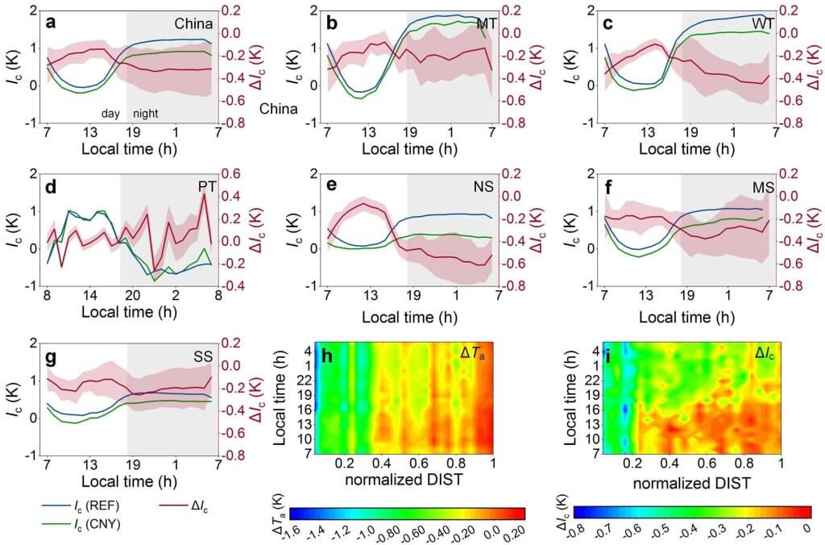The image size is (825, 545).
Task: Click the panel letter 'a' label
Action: pyautogui.click(x=50, y=23)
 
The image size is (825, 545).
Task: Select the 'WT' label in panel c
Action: pyautogui.click(x=764, y=23)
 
